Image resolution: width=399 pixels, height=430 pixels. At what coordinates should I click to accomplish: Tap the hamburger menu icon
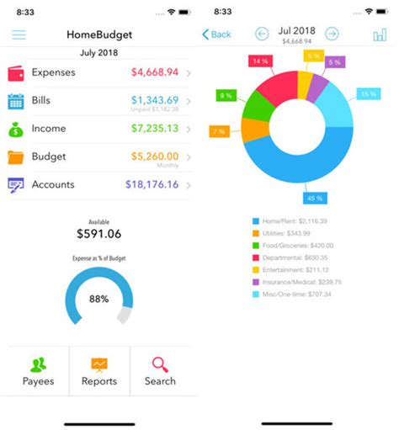[19, 35]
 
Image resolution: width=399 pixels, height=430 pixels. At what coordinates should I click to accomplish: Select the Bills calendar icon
[16, 101]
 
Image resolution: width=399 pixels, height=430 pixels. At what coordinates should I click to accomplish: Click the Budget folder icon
[16, 157]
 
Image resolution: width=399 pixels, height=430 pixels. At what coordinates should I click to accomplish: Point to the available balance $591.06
[98, 234]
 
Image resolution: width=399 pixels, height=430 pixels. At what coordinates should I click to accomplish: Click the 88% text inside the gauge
[99, 299]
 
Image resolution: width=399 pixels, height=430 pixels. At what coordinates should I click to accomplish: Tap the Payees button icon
[38, 364]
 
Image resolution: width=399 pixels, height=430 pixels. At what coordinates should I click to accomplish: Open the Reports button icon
[99, 364]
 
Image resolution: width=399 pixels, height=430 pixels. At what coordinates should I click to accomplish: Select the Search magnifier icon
[160, 364]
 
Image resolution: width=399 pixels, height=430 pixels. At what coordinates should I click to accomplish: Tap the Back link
[217, 35]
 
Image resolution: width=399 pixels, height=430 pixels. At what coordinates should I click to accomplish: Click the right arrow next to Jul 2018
[332, 34]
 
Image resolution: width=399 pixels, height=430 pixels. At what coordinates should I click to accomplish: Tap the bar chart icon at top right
[380, 35]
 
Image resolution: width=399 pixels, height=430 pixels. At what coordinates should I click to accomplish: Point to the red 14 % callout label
[259, 61]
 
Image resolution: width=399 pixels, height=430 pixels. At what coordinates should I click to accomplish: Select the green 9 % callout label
[226, 96]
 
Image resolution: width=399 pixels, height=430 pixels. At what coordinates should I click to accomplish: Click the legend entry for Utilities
[286, 232]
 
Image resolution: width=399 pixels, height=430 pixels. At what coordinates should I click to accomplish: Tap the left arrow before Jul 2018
[262, 34]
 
